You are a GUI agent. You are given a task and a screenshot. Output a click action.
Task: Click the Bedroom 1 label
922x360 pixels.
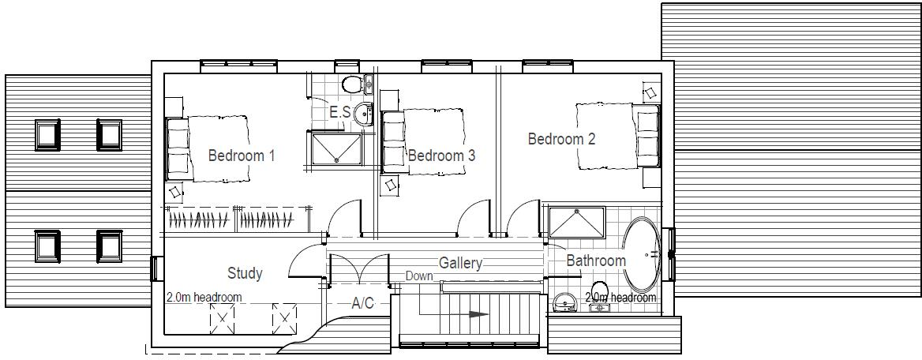click(x=241, y=156)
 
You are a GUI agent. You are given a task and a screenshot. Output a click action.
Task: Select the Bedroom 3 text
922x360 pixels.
click(x=441, y=156)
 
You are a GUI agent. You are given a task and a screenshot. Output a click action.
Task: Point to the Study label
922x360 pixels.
click(x=245, y=273)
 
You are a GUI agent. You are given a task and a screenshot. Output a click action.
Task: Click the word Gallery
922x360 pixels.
click(x=460, y=263)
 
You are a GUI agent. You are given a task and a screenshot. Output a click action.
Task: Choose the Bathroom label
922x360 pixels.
click(x=596, y=261)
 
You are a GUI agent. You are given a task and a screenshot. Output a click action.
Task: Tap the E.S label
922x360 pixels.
click(x=339, y=112)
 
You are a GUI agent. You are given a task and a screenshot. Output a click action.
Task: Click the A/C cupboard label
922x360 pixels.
click(x=363, y=302)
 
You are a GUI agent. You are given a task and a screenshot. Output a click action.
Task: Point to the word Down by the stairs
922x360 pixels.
click(x=419, y=276)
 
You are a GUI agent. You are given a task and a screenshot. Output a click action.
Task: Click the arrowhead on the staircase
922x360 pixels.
click(x=478, y=313)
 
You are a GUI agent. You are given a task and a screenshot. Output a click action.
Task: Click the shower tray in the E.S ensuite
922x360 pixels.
click(x=337, y=148)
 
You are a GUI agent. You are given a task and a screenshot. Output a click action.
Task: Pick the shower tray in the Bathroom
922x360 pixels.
click(x=577, y=222)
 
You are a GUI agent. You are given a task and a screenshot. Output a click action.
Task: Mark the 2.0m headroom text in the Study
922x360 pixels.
click(x=204, y=298)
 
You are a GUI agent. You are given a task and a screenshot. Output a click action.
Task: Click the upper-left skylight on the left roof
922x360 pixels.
click(x=47, y=134)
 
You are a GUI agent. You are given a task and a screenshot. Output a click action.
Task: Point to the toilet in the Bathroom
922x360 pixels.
click(x=599, y=290)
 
